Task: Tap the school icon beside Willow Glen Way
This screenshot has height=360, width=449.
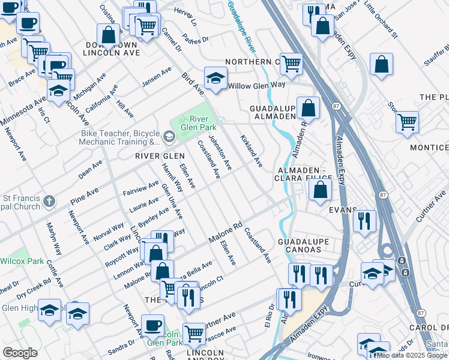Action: [x=215, y=78]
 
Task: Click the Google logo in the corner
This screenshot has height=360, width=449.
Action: [x=20, y=353]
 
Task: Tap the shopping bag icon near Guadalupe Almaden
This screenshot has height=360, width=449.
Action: [x=308, y=108]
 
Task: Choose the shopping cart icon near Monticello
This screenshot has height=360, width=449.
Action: [x=407, y=122]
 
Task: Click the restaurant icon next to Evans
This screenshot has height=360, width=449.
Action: [x=364, y=221]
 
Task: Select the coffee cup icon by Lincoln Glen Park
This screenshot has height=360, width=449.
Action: [x=152, y=326]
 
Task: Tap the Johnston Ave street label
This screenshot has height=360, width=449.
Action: [x=219, y=152]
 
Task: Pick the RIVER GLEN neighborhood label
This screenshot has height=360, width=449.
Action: [x=159, y=156]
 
